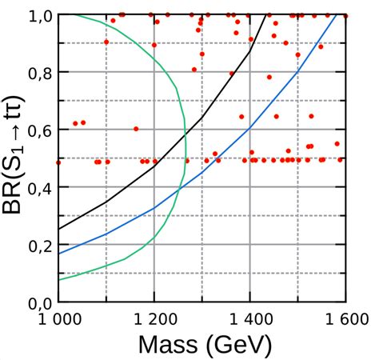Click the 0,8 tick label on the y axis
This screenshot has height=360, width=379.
[38, 72]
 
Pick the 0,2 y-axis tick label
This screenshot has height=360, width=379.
[38, 246]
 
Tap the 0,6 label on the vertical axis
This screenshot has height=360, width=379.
[38, 130]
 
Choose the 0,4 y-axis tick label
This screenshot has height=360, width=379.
[38, 187]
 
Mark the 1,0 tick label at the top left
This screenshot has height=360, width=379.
[38, 15]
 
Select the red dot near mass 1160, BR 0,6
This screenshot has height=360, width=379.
[136, 128]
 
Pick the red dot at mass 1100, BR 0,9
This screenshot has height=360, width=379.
[106, 42]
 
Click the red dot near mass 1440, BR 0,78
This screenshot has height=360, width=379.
[269, 77]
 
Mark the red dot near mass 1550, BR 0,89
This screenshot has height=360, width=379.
[321, 46]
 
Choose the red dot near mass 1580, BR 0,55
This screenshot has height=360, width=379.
[337, 144]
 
